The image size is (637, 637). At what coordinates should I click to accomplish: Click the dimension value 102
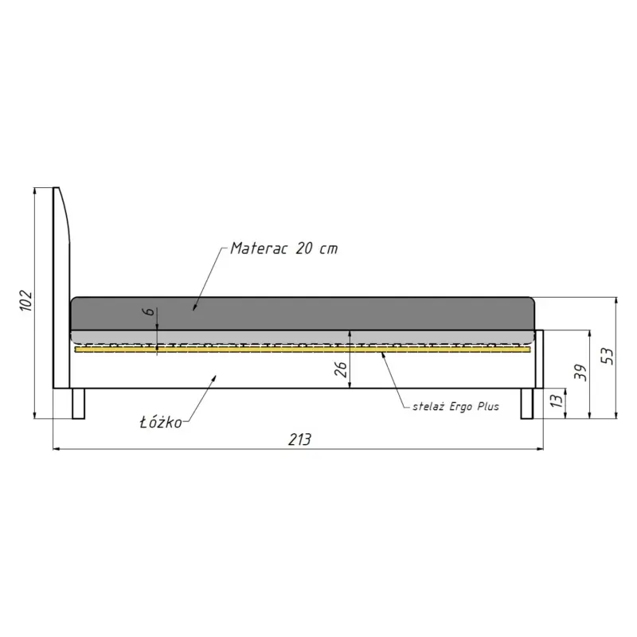(26, 300)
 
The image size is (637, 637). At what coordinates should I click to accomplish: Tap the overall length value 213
(299, 440)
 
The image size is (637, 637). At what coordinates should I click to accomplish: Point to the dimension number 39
(580, 372)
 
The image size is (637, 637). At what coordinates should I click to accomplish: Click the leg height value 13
(557, 400)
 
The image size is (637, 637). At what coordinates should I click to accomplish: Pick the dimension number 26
(341, 369)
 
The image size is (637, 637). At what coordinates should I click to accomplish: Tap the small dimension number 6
(149, 311)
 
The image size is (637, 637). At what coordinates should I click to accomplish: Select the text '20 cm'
(317, 248)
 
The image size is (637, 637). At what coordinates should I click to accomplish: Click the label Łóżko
(161, 422)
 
